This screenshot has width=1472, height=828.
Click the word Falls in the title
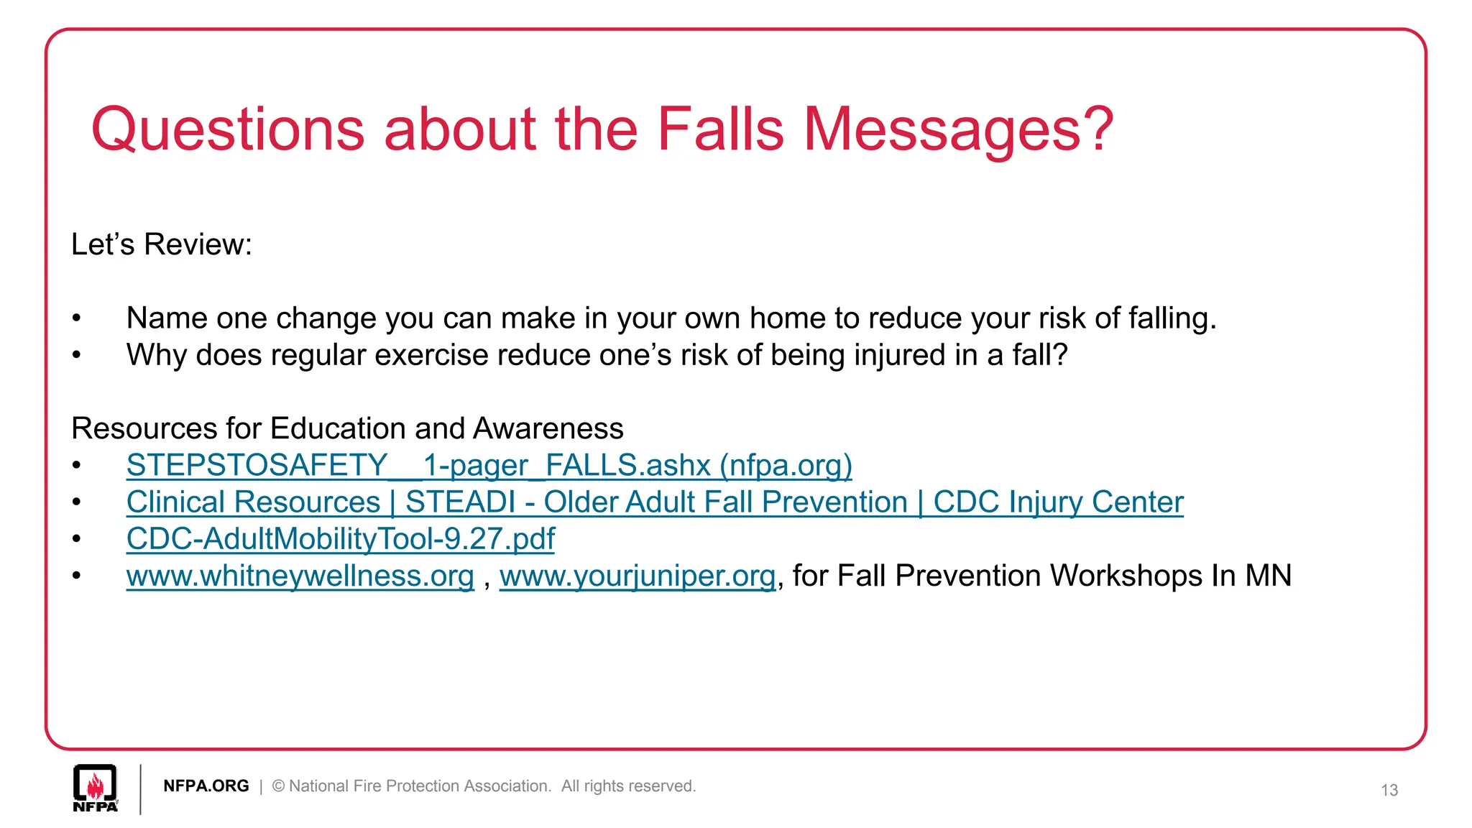click(720, 129)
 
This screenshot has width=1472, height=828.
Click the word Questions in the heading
click(228, 131)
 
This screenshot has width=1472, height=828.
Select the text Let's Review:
click(162, 244)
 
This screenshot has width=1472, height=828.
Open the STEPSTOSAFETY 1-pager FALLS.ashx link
click(489, 466)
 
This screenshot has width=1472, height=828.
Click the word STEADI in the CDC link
click(460, 502)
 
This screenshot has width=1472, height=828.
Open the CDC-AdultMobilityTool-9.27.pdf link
click(340, 539)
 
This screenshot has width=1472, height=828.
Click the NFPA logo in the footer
click(95, 788)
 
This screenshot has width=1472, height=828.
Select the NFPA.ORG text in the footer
click(206, 786)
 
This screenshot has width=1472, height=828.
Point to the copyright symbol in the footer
click(278, 786)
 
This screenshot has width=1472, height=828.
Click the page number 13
click(1389, 791)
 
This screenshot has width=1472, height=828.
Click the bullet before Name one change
click(77, 318)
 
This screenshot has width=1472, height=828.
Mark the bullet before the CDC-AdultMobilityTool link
click(77, 539)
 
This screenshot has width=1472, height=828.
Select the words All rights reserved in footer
click(628, 786)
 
